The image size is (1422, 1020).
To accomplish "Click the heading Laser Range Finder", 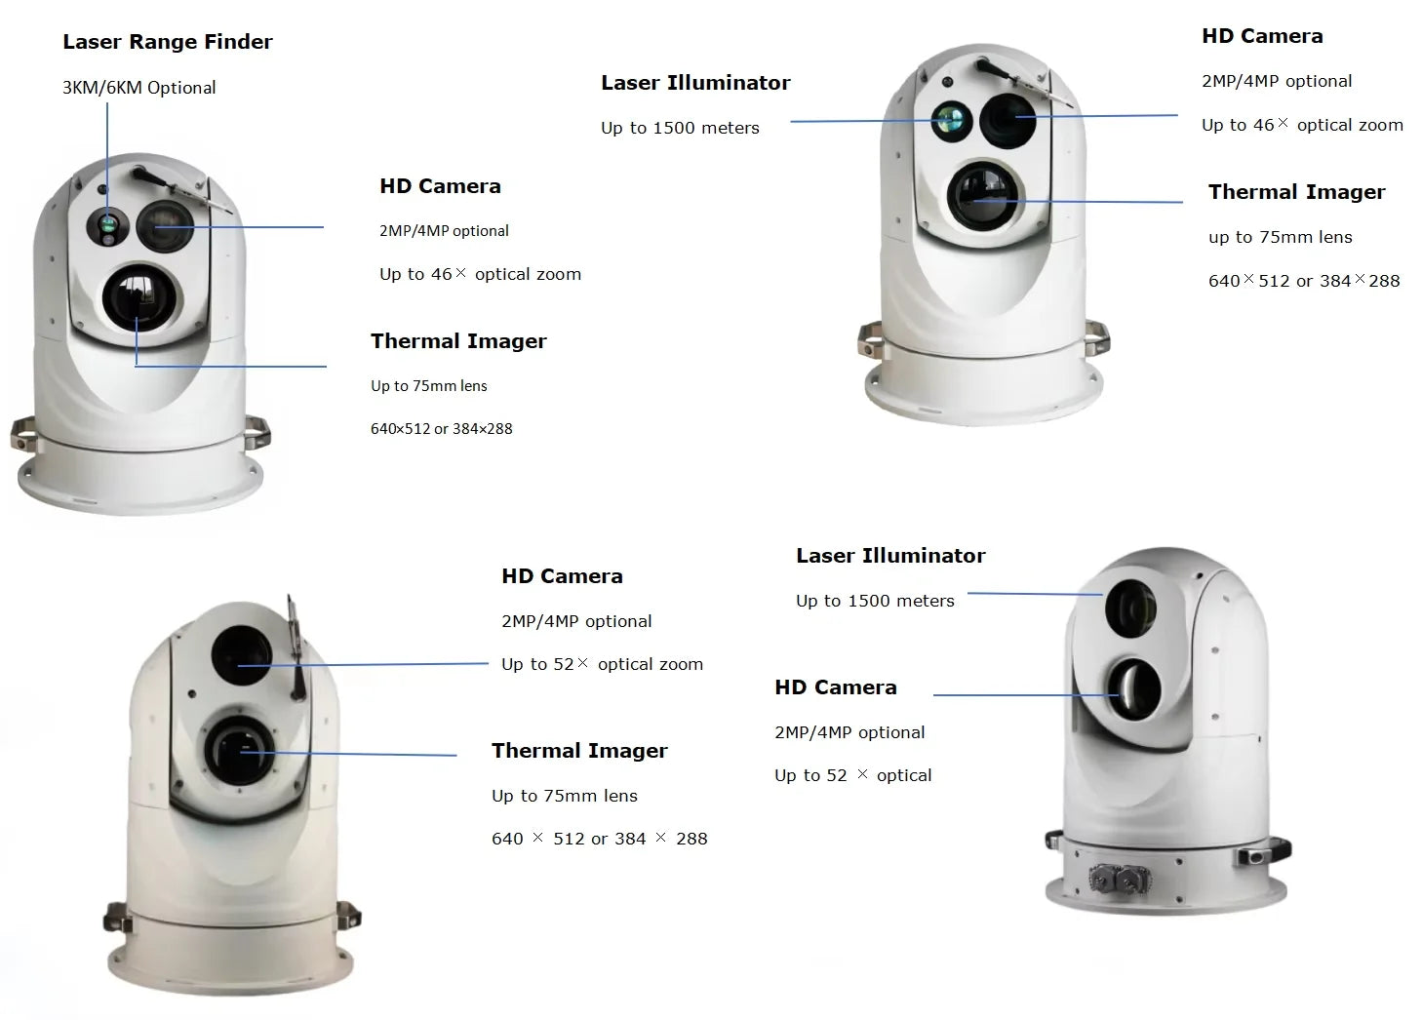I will tap(167, 42).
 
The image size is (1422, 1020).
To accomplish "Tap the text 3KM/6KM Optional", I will tap(138, 88).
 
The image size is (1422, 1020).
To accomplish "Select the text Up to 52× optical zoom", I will tap(602, 665).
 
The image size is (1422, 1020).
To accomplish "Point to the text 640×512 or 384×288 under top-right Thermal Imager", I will tap(1304, 281).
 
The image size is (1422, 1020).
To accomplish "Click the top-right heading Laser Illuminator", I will tap(695, 83).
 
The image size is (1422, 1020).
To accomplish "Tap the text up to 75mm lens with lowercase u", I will tap(1280, 237).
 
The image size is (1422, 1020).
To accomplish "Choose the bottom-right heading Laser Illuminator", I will tap(890, 556).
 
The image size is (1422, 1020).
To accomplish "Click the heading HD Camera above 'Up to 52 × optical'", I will tap(835, 687).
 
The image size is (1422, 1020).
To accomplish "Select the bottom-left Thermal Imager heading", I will tap(579, 751).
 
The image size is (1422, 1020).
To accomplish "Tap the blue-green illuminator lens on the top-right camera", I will tap(949, 120).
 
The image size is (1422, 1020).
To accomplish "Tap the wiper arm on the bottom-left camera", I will tap(296, 648).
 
